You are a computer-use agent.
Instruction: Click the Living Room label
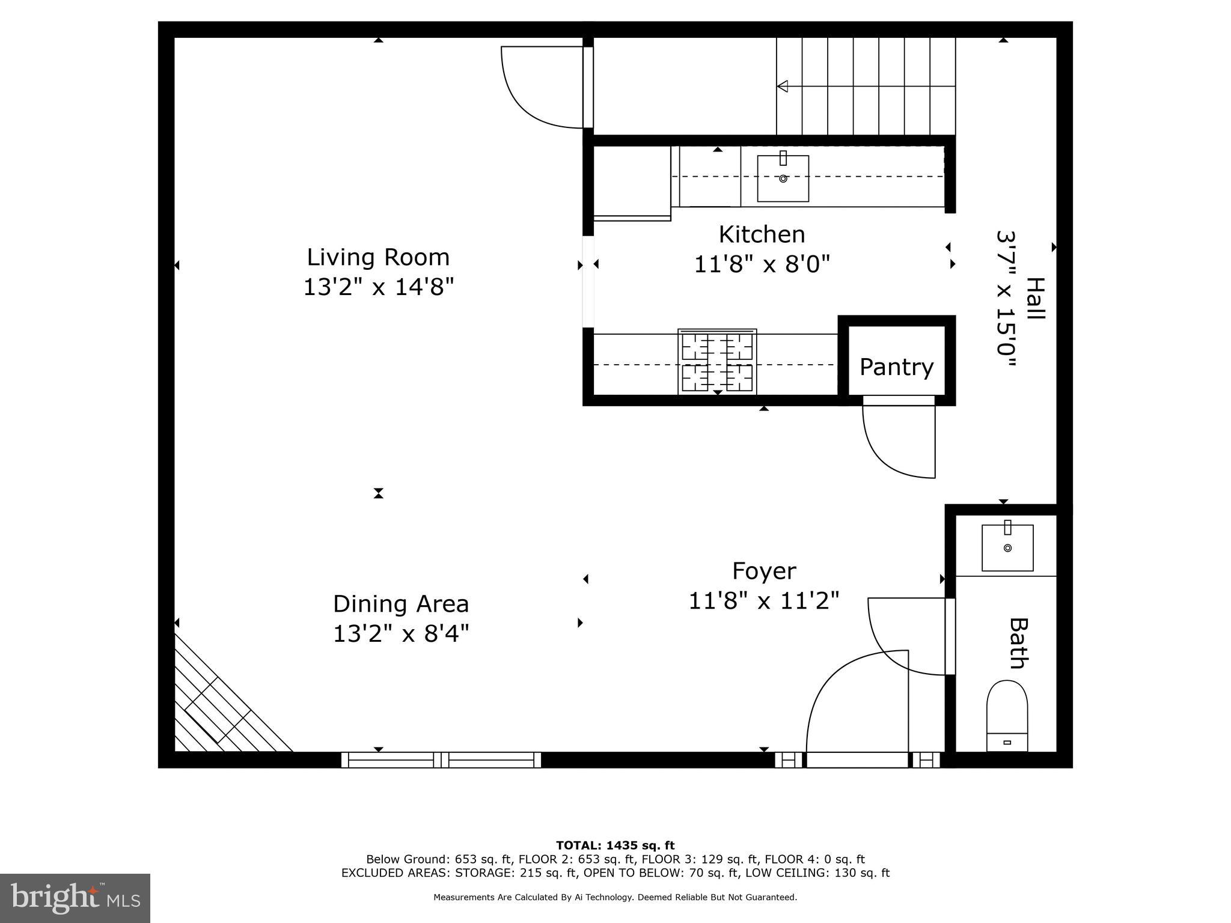coord(378,257)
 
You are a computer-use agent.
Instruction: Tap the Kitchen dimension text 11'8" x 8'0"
coord(762,264)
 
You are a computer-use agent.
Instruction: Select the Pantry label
coord(896,367)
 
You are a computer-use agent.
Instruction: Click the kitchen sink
coord(783,178)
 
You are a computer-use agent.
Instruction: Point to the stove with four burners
coord(717,362)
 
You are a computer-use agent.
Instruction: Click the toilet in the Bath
coord(1007,714)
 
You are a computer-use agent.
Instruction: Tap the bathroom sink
coord(1007,547)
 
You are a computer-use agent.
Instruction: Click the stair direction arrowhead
coord(783,87)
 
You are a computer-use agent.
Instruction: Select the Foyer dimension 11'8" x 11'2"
coord(763,600)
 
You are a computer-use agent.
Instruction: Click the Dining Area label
coord(401,604)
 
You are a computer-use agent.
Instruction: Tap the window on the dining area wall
coord(441,760)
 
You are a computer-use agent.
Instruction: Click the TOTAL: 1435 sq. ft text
coord(615,845)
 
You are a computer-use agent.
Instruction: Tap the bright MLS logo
coord(75,898)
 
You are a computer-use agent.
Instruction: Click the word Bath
coord(1017,644)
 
